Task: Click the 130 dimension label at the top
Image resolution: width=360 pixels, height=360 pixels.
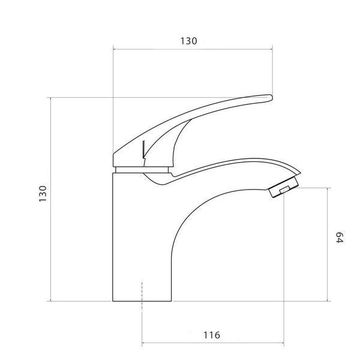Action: click(x=188, y=41)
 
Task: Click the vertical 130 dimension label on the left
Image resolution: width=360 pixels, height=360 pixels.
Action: click(x=43, y=194)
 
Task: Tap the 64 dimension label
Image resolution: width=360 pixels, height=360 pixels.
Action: click(x=340, y=238)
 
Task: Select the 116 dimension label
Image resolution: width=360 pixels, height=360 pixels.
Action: click(x=212, y=335)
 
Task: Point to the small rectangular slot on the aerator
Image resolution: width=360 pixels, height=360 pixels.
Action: click(x=284, y=190)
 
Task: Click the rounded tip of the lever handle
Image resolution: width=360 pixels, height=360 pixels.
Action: click(x=271, y=97)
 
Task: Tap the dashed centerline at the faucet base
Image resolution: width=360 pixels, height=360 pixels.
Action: click(x=142, y=296)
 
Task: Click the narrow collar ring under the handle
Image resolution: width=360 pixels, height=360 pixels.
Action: click(x=142, y=170)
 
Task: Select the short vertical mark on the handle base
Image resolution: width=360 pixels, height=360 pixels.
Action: click(x=143, y=149)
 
